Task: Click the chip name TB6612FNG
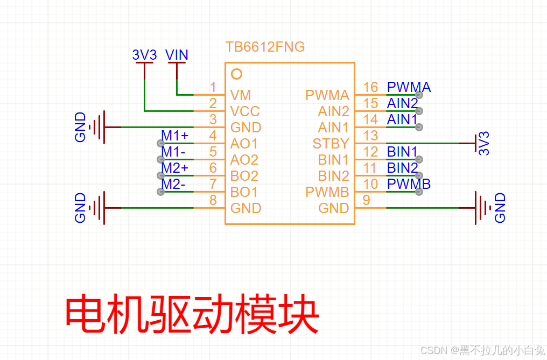[x=265, y=47]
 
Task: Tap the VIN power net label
[x=177, y=55]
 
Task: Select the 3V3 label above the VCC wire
[x=144, y=55]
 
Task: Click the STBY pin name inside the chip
[x=331, y=144]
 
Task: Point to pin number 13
[x=370, y=136]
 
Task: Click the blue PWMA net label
[x=409, y=87]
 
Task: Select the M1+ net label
[x=175, y=136]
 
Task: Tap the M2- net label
[x=173, y=184]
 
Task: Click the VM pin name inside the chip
[x=241, y=95]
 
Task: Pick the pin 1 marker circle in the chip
[x=236, y=74]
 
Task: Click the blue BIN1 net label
[x=402, y=152]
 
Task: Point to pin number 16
[x=370, y=87]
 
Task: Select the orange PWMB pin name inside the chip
[x=327, y=192]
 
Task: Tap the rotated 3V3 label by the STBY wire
[x=484, y=144]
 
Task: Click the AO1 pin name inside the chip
[x=244, y=144]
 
